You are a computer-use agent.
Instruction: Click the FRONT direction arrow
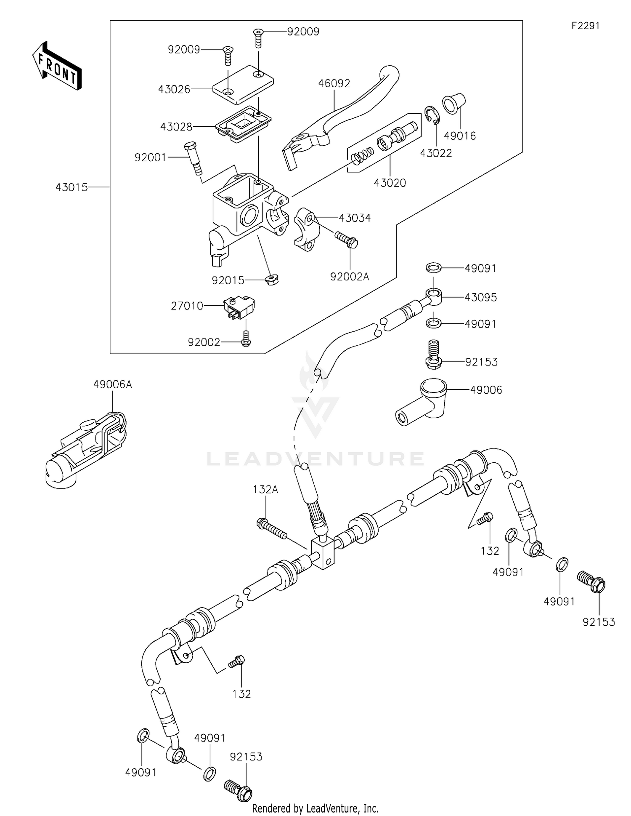57,67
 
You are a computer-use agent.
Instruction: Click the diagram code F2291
585,26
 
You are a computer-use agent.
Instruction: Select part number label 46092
334,84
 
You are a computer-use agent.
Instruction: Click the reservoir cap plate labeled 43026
243,85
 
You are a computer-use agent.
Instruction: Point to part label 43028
176,127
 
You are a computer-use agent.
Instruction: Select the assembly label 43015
72,187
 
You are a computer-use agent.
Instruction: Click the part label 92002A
350,277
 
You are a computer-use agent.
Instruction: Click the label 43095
480,297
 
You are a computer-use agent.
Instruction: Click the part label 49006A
112,384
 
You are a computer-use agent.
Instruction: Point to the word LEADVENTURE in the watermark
315,459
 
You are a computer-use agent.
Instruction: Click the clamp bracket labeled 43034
305,229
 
